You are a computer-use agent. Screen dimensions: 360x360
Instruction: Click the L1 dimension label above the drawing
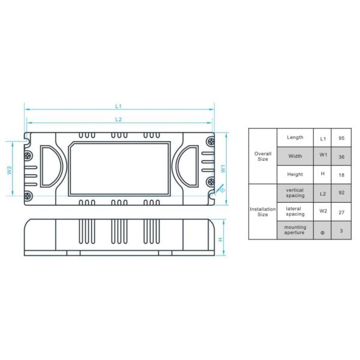(x=118, y=106)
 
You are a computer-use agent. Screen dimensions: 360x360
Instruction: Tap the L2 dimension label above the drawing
(x=118, y=119)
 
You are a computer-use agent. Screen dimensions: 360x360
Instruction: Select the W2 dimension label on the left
(x=10, y=170)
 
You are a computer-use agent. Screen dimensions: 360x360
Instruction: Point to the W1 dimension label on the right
(x=223, y=169)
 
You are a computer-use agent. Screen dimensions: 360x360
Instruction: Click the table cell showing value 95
(x=341, y=138)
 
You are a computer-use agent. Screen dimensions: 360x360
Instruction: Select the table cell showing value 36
(x=341, y=156)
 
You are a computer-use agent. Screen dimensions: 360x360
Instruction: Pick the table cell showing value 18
(x=341, y=174)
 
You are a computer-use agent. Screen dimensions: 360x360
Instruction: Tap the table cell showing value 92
(x=341, y=193)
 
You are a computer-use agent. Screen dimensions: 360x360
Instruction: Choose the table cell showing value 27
(x=341, y=211)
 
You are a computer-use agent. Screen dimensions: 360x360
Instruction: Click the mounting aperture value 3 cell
(x=341, y=230)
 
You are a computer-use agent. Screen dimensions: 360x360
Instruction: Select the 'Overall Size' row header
(x=263, y=156)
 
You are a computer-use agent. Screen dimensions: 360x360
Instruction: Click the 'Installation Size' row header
(x=263, y=211)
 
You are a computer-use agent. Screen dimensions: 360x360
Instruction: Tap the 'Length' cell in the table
(x=295, y=137)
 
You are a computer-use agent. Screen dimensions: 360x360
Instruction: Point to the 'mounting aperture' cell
(x=295, y=230)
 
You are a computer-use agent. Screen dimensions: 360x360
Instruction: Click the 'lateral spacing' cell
(x=295, y=211)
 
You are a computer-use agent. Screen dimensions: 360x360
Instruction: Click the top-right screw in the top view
(x=210, y=141)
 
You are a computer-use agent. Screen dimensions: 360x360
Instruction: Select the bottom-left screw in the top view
(x=28, y=196)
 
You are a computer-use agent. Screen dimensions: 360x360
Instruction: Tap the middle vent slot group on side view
(x=119, y=231)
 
